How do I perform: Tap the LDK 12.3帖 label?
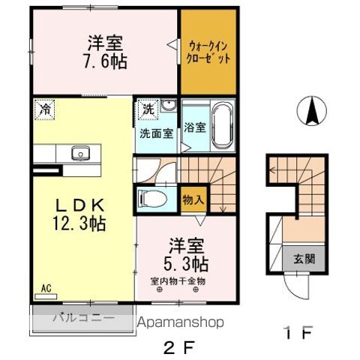click(73, 213)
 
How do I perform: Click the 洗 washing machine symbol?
click(148, 109)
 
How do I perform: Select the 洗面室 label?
click(156, 133)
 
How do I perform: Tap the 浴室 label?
click(196, 127)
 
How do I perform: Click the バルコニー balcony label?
click(82, 317)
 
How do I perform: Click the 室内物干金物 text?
click(178, 280)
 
